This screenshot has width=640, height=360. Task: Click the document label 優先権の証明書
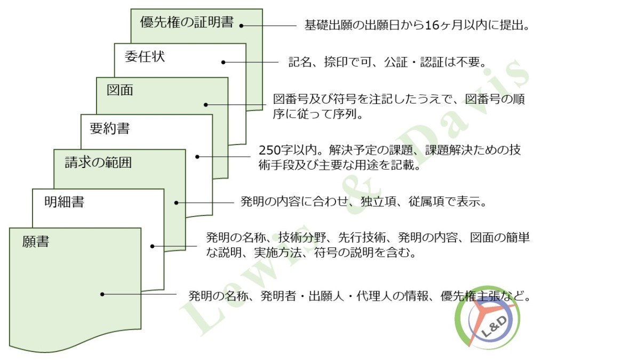[187, 22]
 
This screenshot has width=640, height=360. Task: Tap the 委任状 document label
[145, 57]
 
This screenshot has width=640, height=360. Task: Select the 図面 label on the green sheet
[120, 90]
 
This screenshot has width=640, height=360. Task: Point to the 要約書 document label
[110, 128]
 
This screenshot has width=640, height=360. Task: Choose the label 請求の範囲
[98, 163]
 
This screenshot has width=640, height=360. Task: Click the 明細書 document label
[65, 202]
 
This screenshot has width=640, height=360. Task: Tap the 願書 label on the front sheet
[36, 242]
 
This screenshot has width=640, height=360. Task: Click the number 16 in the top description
[432, 26]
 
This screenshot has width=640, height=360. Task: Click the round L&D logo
[487, 318]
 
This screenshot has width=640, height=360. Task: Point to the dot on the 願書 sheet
[102, 294]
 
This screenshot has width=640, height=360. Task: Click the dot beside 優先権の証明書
[242, 26]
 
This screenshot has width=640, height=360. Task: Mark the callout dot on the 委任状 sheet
[223, 62]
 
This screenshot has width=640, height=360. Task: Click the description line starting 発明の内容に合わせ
[363, 202]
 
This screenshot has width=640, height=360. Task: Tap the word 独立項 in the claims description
[378, 202]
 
